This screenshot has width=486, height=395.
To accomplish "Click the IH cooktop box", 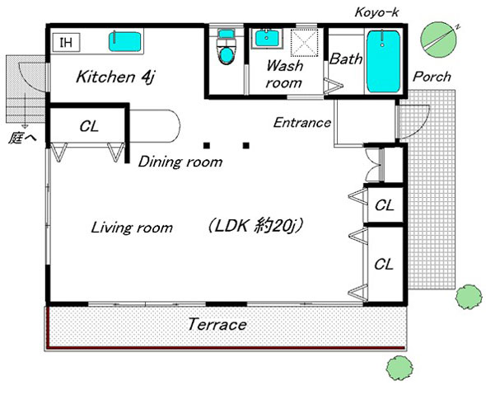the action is (67, 42).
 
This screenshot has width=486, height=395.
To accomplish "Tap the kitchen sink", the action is (125, 41).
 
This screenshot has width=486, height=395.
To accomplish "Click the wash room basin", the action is (267, 38).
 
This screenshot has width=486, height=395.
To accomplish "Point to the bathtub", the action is (383, 62).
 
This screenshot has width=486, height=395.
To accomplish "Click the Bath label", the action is (346, 59).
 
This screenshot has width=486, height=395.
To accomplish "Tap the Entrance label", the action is (302, 123).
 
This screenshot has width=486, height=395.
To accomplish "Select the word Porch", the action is (432, 77).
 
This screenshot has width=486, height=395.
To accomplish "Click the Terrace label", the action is (217, 325).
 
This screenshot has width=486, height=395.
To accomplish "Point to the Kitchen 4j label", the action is (115, 77).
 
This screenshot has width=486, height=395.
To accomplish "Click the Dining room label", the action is (180, 162).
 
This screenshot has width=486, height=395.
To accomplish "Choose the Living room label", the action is (132, 228).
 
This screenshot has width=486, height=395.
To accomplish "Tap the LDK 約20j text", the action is (255, 226).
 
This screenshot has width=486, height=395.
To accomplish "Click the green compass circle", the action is (438, 40).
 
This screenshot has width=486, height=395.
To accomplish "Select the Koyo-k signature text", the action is (376, 12).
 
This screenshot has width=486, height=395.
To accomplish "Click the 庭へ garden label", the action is (22, 138).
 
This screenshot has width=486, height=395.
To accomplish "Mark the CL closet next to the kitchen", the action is (89, 126).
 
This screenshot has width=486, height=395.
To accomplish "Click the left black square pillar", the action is (207, 145).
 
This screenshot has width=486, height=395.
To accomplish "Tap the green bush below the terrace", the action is (400, 368).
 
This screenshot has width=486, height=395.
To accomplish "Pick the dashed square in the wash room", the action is (304, 43).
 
